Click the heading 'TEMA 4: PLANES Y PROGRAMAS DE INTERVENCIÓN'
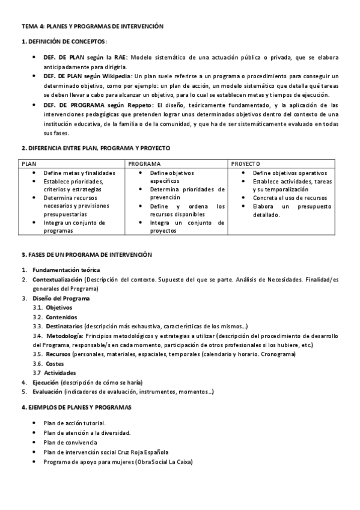point(92,27)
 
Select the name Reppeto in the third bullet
point(138,105)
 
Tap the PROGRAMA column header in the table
point(144,164)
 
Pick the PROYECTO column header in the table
point(245,164)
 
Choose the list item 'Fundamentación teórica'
point(66,269)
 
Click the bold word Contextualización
point(57,280)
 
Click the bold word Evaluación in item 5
point(48,392)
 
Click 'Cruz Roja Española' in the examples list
point(144,452)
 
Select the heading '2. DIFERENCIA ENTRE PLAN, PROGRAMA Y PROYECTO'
point(96,147)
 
